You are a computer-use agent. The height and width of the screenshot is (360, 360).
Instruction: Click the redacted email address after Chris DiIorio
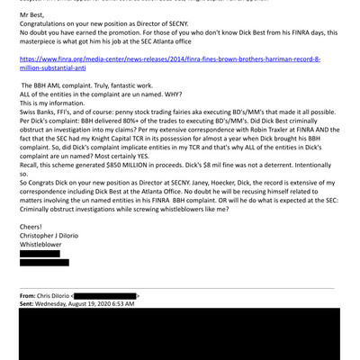click(x=105, y=295)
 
